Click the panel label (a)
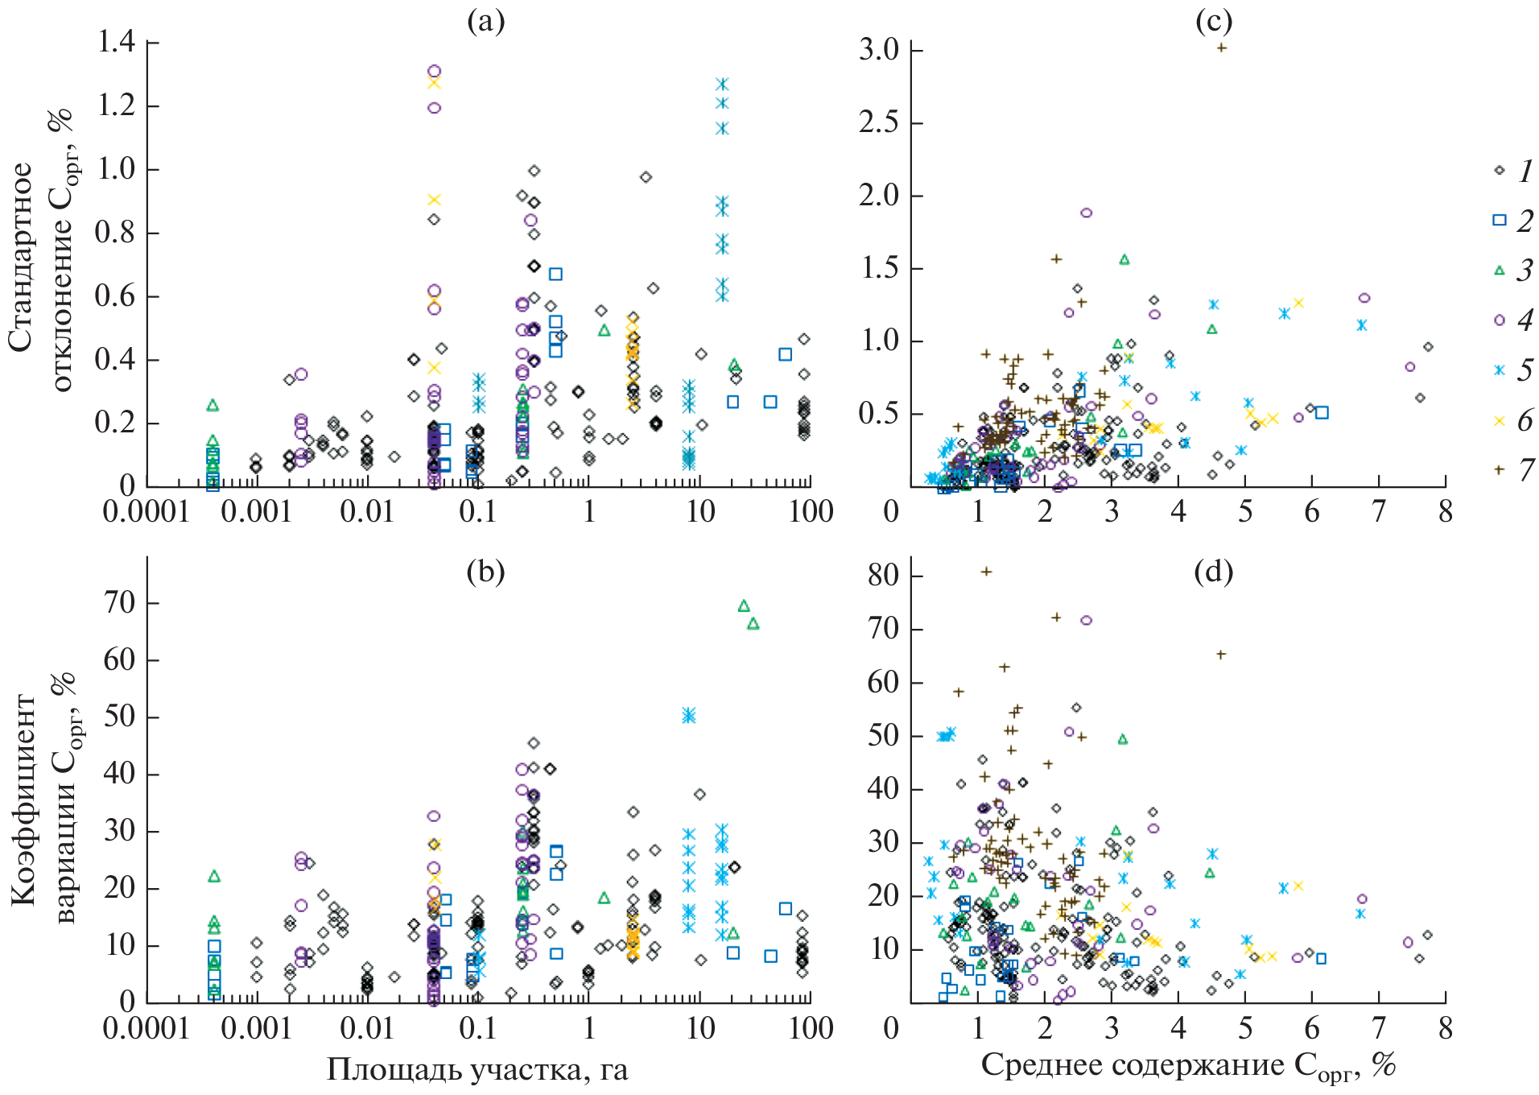[485, 22]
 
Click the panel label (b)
[485, 571]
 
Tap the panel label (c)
[1213, 22]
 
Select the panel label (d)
[1213, 571]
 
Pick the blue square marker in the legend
[1499, 220]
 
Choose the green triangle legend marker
[1499, 271]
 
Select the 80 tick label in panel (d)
[884, 575]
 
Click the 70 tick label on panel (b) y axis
[120, 602]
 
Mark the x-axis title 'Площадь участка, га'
[477, 1070]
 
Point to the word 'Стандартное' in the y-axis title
[22, 258]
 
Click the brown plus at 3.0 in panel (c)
[1221, 48]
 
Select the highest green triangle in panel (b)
[744, 605]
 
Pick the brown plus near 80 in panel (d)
[986, 572]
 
